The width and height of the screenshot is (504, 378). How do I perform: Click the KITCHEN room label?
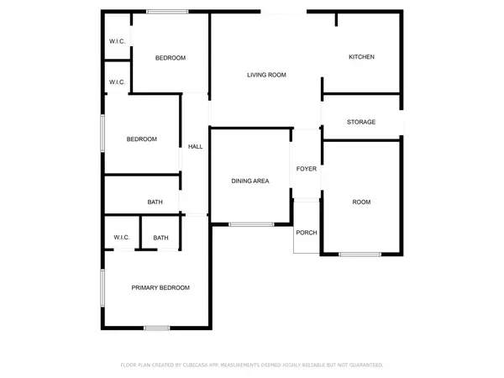[361, 57]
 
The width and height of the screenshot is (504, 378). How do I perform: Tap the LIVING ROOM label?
[266, 75]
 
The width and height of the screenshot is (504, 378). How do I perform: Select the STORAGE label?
[361, 122]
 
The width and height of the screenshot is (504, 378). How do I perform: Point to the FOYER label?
[307, 169]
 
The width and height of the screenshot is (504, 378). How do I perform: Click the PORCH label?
[307, 233]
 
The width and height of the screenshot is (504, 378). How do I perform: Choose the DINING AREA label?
[250, 181]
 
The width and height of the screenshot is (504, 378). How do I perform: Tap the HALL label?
[195, 147]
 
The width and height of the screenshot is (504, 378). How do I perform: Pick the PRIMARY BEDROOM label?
[160, 287]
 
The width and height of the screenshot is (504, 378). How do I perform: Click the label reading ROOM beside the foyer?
[361, 202]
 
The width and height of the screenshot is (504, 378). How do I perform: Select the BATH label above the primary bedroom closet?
[155, 202]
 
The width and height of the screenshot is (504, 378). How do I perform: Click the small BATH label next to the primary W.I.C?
[160, 239]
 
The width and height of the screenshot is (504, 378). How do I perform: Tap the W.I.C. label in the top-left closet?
[118, 42]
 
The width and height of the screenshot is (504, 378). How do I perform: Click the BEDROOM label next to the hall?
[142, 139]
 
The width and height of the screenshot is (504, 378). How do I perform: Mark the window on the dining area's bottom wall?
[251, 224]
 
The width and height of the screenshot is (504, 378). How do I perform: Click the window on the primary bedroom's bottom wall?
[157, 327]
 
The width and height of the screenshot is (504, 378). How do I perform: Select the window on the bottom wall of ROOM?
[360, 255]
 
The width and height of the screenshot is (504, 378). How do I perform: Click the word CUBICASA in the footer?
[205, 365]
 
